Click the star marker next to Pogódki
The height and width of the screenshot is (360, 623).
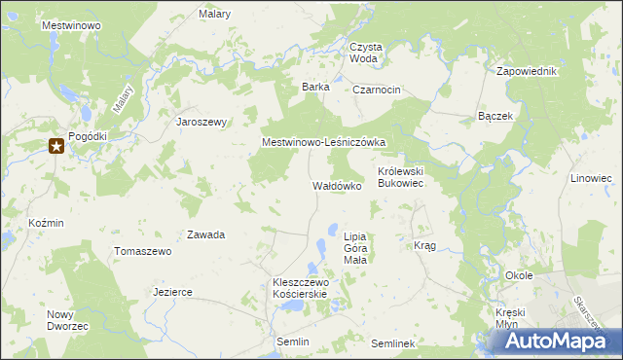pos(56,147)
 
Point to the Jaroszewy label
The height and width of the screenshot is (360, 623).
pos(201,123)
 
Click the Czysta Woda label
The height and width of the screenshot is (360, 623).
pos(366,53)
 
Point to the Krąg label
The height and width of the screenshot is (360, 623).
pos(424,246)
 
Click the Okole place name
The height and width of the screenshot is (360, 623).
pos(519,275)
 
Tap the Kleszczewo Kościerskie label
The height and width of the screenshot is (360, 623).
pos(302,288)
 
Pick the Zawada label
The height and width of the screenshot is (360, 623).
pos(206,235)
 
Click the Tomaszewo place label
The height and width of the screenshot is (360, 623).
pos(143,251)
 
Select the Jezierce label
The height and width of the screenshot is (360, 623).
pos(172,292)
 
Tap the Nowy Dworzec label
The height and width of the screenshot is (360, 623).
pos(67,320)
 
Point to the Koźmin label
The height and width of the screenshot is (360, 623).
pos(46,223)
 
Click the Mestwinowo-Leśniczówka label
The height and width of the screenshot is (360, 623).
pos(324,142)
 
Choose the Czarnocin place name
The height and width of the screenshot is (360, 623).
pos(377,90)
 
